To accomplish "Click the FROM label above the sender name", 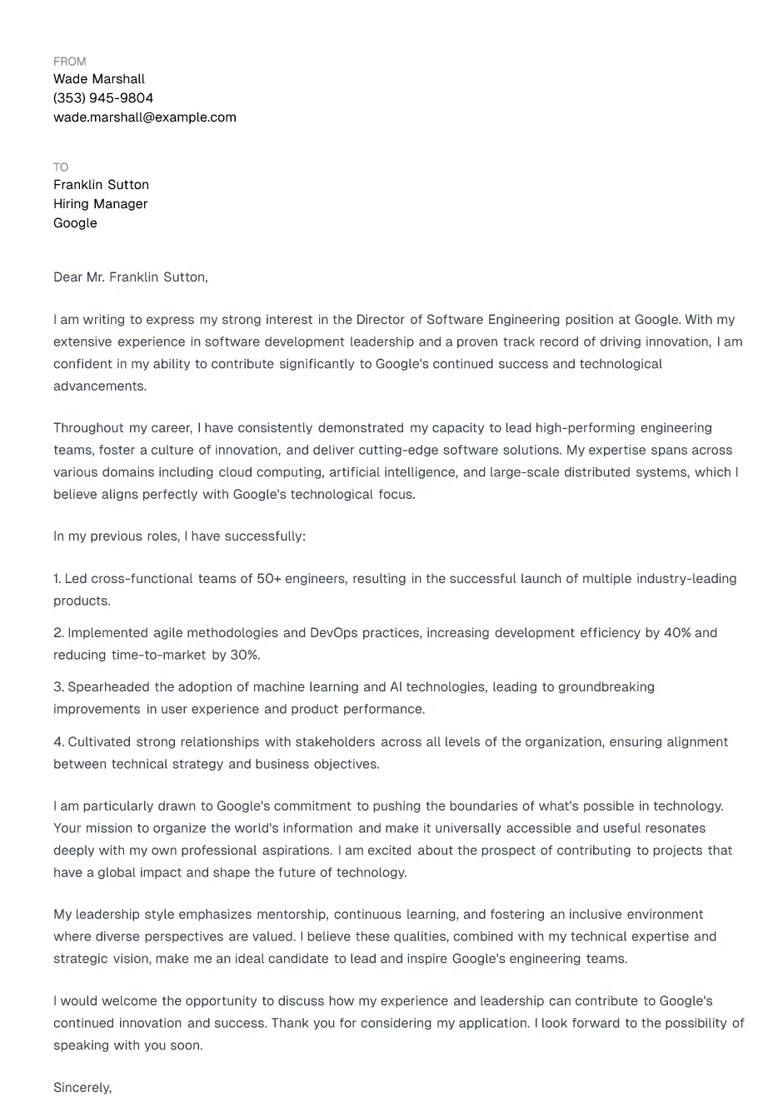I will (x=69, y=62).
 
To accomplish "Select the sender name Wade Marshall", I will (x=99, y=79).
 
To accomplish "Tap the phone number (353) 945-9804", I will (x=103, y=98).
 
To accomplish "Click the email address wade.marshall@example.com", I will (x=145, y=117).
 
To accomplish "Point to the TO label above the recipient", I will (x=61, y=167).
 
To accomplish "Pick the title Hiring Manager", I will (x=101, y=204).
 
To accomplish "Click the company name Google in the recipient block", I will (x=75, y=223).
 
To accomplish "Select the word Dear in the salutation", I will (x=67, y=277).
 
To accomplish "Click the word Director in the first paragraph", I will (x=380, y=320).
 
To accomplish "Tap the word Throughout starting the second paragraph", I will (x=88, y=428).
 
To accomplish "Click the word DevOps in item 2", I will (x=333, y=633).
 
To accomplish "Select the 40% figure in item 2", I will (x=677, y=633).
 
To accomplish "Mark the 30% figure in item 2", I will (x=245, y=656).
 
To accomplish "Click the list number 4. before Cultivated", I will (x=58, y=742).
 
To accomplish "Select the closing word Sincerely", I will (x=82, y=1088).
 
